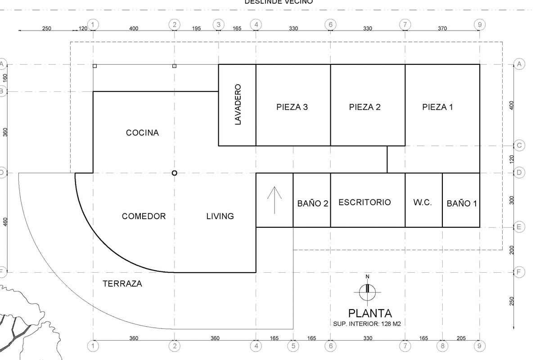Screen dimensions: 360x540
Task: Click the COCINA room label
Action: (x=142, y=133)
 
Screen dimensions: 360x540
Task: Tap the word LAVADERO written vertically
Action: (x=238, y=105)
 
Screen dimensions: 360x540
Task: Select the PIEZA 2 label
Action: (x=364, y=107)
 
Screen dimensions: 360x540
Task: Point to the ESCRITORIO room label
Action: (x=364, y=202)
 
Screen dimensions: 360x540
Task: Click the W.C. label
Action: (x=423, y=202)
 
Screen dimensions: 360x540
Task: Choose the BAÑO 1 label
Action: (x=462, y=203)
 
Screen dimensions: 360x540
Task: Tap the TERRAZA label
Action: (x=122, y=283)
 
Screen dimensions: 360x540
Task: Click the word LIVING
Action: (x=220, y=216)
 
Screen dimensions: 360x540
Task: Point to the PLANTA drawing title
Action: (x=370, y=313)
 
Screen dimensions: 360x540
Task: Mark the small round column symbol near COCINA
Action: (x=175, y=173)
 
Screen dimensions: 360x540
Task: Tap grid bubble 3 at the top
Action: (x=218, y=24)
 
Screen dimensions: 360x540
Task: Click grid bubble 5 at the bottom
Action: (x=293, y=346)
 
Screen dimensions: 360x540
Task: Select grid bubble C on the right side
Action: (x=519, y=145)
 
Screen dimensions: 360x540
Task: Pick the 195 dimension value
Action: (x=197, y=29)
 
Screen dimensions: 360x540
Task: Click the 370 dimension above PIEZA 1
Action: (x=442, y=29)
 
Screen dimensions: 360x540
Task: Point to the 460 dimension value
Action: (x=6, y=222)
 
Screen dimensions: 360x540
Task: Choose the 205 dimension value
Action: (x=461, y=338)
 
